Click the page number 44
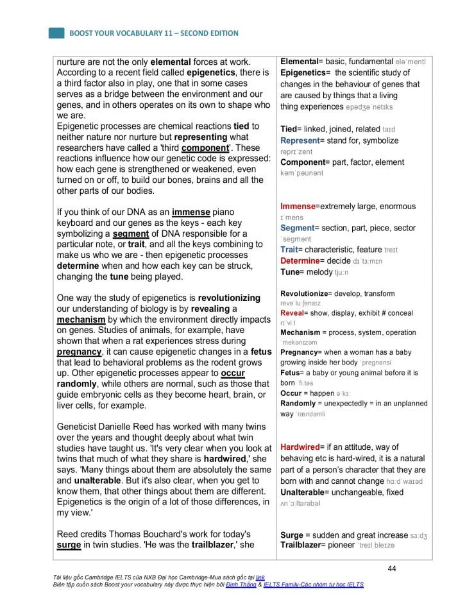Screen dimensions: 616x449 tap(392, 569)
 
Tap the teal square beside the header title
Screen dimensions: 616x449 tap(56, 33)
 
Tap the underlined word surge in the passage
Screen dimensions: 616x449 tap(69, 545)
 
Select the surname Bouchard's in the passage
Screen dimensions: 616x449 tap(165, 535)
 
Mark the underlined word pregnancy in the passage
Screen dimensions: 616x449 tap(79, 352)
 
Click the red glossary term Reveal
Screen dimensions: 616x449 tap(291, 312)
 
